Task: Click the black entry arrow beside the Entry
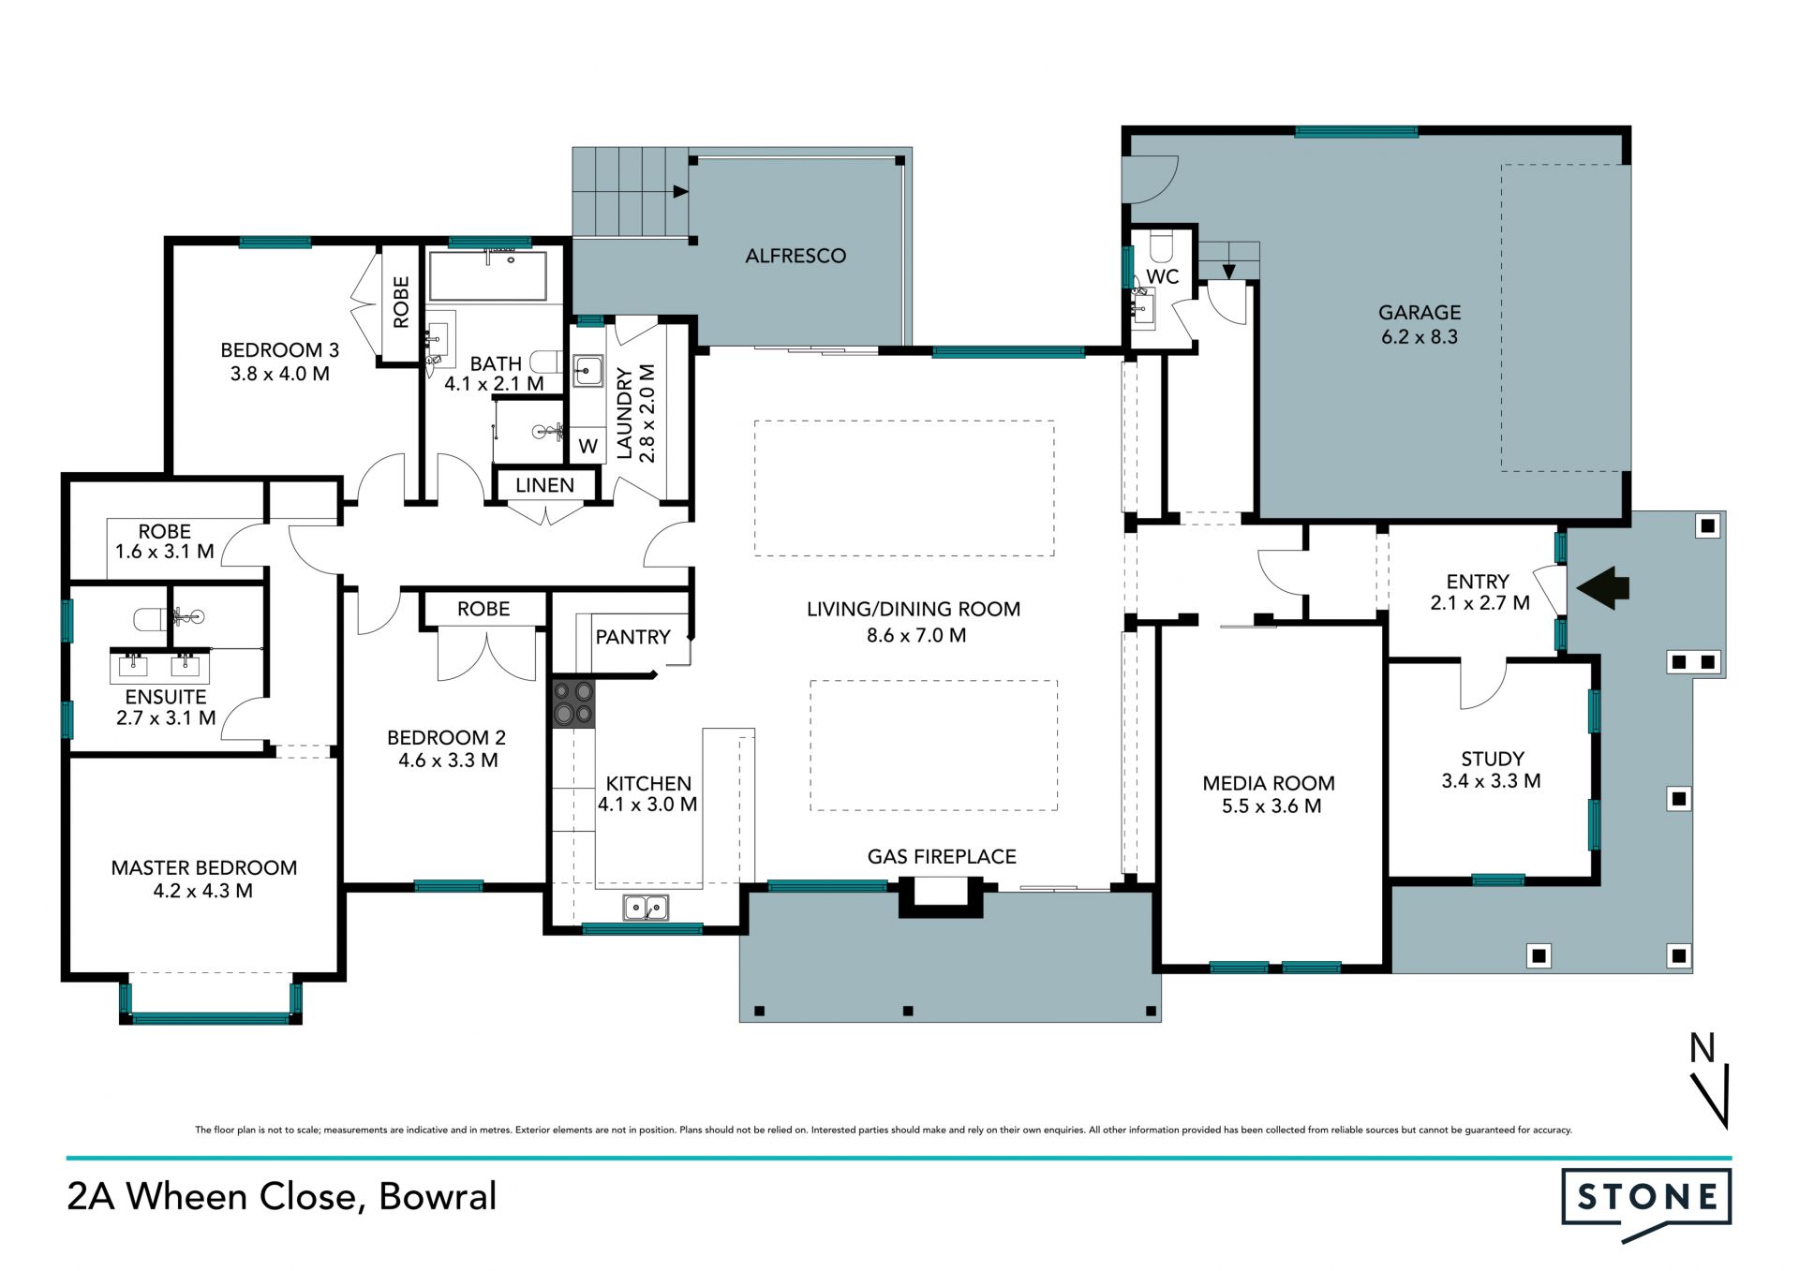[1603, 588]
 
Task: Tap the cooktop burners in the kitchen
[573, 703]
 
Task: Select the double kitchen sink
[646, 908]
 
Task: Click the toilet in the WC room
[1161, 247]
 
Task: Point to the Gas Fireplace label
[942, 856]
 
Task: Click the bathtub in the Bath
[487, 275]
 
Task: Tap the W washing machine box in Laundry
[587, 446]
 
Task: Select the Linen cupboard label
[544, 485]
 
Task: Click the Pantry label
[632, 637]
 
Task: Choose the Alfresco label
[795, 256]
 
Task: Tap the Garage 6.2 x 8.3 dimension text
[1420, 337]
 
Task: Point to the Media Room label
[1269, 783]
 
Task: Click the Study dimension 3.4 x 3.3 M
[1491, 781]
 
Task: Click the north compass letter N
[1702, 1048]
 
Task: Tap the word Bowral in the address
[438, 1196]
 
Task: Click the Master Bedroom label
[204, 868]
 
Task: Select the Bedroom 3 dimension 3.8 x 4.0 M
[280, 374]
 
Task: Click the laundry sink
[587, 371]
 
